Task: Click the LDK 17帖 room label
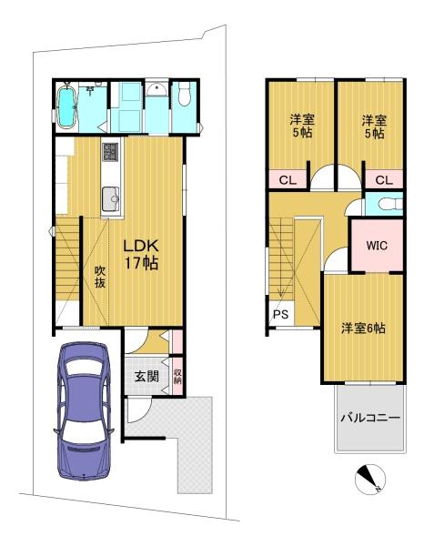[x=141, y=255]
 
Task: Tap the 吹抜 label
[x=100, y=277]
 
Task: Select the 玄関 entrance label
[x=146, y=376]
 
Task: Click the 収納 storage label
[x=177, y=376]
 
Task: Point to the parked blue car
[x=84, y=411]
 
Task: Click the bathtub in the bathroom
[x=66, y=106]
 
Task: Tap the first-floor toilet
[x=184, y=95]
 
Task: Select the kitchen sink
[x=111, y=198]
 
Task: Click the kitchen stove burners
[x=111, y=151]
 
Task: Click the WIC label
[x=377, y=246]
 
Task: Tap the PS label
[x=280, y=315]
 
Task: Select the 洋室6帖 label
[x=363, y=329]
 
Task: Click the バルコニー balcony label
[x=370, y=417]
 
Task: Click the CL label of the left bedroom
[x=288, y=180]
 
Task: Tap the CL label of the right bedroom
[x=384, y=180]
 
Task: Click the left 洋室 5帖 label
[x=302, y=126]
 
